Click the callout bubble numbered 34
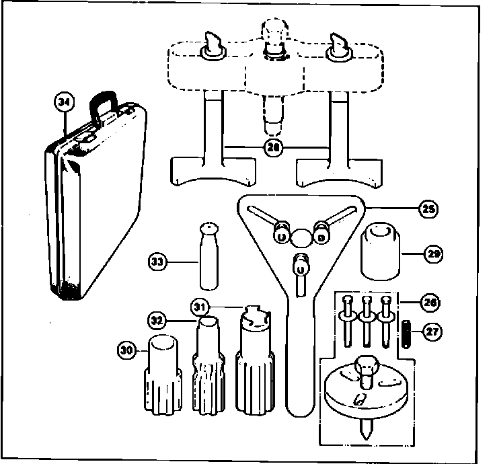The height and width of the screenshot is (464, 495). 65,103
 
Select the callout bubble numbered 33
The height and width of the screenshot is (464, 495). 158,261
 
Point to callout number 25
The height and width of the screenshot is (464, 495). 427,209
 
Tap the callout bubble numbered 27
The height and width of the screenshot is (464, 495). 430,332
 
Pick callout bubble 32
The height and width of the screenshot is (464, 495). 157,318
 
